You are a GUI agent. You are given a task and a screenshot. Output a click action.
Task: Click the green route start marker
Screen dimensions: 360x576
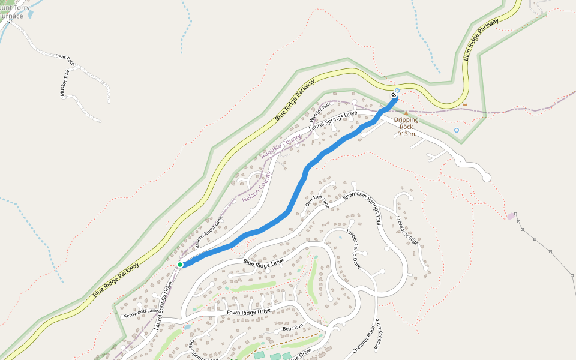click(180, 264)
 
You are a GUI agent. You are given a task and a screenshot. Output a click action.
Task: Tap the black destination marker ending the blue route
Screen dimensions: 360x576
click(394, 95)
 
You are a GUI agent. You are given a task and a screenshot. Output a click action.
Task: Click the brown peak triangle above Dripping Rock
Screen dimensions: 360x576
click(406, 113)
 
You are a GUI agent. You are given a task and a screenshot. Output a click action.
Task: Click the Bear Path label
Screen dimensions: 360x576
click(65, 59)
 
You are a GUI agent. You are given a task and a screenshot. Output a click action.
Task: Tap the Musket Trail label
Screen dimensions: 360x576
click(64, 83)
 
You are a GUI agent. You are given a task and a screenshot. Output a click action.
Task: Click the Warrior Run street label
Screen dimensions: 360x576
click(320, 112)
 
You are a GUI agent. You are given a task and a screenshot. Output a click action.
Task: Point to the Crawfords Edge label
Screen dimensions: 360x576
click(406, 230)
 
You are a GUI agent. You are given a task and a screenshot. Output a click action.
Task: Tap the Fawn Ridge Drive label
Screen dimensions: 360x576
click(248, 312)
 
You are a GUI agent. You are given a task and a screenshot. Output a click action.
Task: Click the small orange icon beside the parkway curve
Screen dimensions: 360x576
click(464, 105)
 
